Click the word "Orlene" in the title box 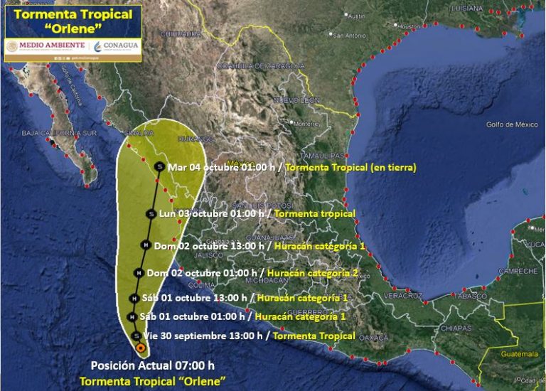coord(73,29)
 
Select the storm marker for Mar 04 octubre coord(160,167)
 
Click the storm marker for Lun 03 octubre coord(151,213)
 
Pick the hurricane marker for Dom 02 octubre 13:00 coord(146,245)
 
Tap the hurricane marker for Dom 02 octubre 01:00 coord(139,272)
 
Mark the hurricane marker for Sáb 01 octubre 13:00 coord(134,298)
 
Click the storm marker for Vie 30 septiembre coord(136,336)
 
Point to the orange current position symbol coord(141,348)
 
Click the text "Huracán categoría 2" coord(314,272)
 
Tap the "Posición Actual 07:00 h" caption coord(152,365)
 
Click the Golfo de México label coord(512,124)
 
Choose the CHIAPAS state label coord(456,328)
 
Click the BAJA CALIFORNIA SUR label coord(59,133)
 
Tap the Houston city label coord(410,26)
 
